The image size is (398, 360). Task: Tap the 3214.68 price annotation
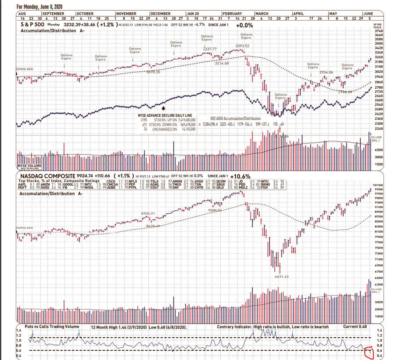222,64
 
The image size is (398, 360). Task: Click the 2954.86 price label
326,72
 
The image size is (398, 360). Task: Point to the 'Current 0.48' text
355,327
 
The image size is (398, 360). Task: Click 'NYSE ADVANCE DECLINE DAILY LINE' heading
167,115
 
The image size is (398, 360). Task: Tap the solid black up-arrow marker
164,107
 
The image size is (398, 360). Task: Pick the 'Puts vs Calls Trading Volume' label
52,327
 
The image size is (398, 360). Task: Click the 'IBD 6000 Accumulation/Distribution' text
235,119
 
